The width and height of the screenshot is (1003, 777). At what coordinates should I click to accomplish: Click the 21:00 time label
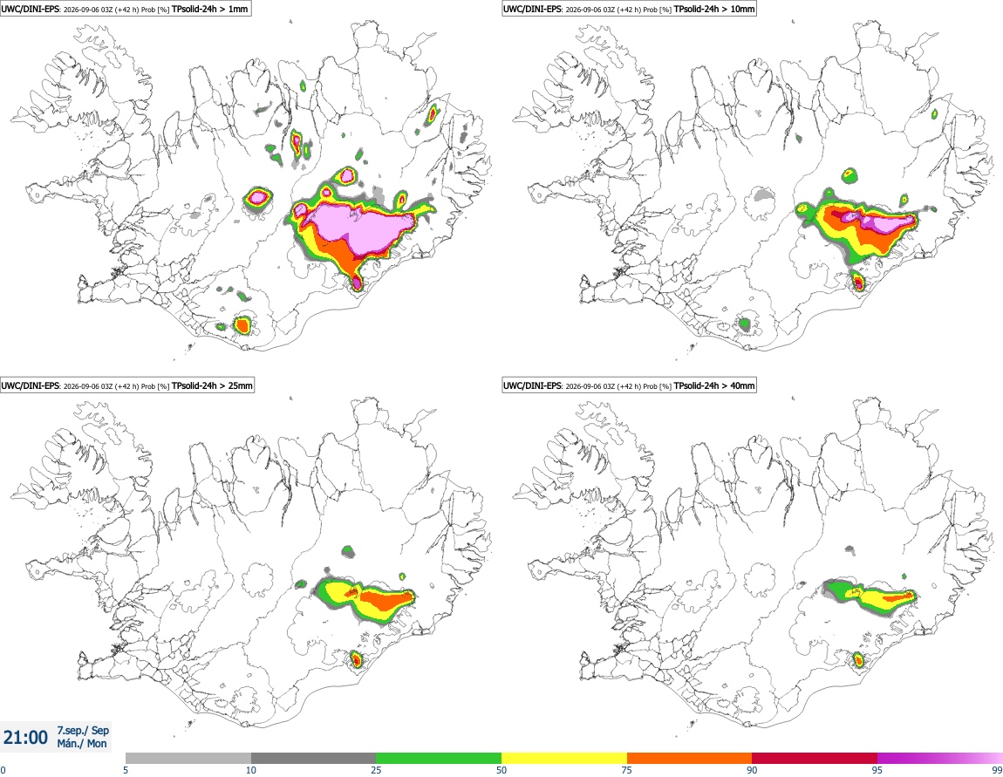[x=25, y=738]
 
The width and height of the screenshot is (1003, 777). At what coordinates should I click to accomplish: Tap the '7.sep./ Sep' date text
[x=83, y=730]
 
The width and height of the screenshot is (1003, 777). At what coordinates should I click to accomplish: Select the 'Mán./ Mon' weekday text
[x=82, y=743]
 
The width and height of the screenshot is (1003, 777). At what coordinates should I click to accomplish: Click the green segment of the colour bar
[x=439, y=758]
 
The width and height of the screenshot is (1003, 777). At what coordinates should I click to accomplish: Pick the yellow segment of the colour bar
[x=564, y=758]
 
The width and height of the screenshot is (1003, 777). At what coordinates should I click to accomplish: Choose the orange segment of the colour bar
[x=690, y=758]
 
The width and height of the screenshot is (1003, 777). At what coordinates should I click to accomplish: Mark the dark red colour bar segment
[x=815, y=758]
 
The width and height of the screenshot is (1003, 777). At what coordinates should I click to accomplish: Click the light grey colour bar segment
[x=188, y=758]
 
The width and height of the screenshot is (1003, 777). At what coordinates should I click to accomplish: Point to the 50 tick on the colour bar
[x=501, y=770]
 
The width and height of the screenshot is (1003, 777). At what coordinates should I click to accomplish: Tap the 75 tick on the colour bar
[x=627, y=770]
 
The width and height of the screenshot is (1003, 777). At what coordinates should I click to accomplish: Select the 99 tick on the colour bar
[x=997, y=770]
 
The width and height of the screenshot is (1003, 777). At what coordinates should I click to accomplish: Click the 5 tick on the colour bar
[x=126, y=770]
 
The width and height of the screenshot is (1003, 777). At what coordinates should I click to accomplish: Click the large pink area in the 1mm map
[x=365, y=225]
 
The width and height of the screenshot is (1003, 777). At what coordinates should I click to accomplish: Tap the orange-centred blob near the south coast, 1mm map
[x=242, y=325]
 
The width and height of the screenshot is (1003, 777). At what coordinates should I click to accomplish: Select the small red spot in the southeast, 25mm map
[x=357, y=658]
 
